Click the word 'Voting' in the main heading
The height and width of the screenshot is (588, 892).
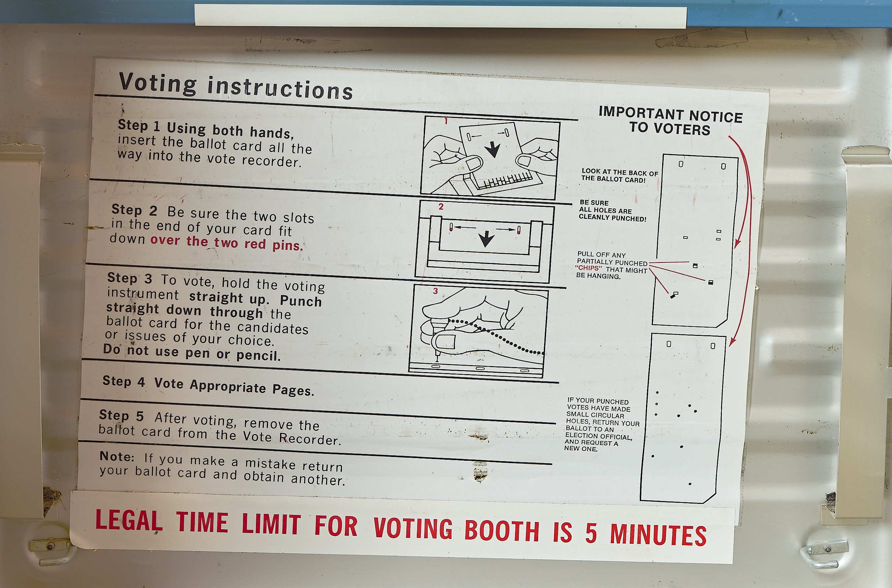[x=158, y=83]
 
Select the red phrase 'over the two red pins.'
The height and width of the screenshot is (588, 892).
[x=227, y=243]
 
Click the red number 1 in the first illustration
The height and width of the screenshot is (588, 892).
[x=446, y=121]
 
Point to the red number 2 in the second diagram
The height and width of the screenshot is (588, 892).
[x=441, y=207]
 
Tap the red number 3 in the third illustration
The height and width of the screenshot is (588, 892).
[x=435, y=291]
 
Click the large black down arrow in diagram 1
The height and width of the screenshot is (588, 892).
[x=493, y=149]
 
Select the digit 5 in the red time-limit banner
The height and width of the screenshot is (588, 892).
[x=591, y=533]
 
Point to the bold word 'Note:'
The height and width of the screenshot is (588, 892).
[x=117, y=456]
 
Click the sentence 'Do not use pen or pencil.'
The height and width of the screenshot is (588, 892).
[x=192, y=352]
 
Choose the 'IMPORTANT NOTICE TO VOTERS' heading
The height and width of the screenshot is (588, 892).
[x=670, y=120]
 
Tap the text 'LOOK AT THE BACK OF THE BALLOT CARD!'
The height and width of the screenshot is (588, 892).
[x=620, y=175]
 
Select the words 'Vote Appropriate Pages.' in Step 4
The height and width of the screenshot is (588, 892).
[x=234, y=387]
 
